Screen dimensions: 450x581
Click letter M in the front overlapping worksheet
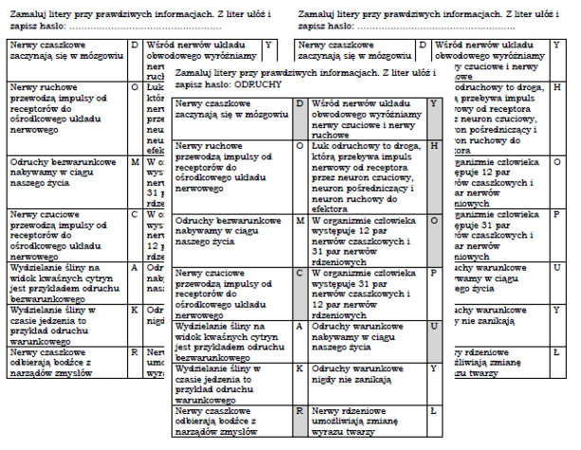pyautogui.click(x=300, y=221)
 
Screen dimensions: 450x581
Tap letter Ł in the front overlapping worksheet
pyautogui.click(x=433, y=412)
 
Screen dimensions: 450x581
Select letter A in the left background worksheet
pyautogui.click(x=135, y=267)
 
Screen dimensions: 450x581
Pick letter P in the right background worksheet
pyautogui.click(x=556, y=215)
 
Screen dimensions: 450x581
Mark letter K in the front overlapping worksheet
pyautogui.click(x=300, y=367)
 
